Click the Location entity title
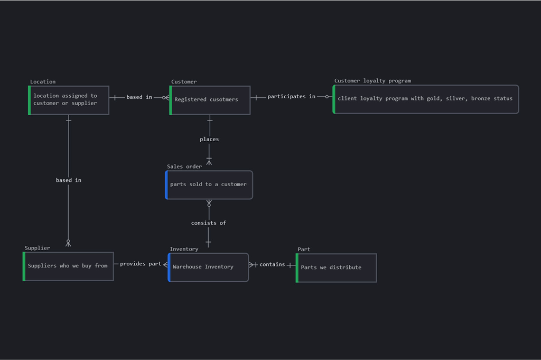point(43,82)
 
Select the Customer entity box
point(210,100)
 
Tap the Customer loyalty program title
point(372,81)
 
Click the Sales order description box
point(209,184)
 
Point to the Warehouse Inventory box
point(208,267)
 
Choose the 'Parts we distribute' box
point(336,267)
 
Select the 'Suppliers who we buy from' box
point(68,266)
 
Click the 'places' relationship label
point(209,140)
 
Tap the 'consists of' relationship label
point(209,223)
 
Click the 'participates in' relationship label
point(291,97)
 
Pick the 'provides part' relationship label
point(141,264)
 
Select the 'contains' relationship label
point(272,264)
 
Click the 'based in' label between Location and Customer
point(139,97)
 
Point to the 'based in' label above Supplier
point(69,180)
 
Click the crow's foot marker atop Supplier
point(68,243)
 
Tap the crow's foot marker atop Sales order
point(209,161)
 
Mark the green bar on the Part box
point(297,267)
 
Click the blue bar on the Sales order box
point(166,184)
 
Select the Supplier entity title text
point(38,248)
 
